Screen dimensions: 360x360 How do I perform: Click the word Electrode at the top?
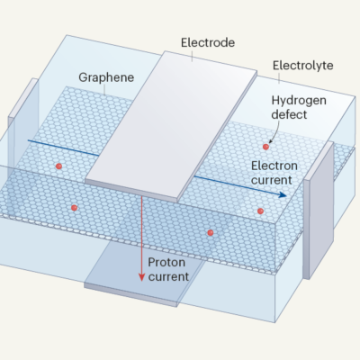(x=208, y=42)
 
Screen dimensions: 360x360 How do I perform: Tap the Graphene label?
(x=106, y=77)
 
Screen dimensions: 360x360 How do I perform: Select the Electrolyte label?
(x=302, y=66)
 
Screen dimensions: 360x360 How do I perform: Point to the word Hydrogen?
(x=299, y=101)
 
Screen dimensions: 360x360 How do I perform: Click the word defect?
(x=289, y=114)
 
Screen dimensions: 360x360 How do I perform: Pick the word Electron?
(x=274, y=166)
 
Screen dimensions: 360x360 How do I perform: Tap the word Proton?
(x=166, y=263)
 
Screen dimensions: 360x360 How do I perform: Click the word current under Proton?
(x=168, y=276)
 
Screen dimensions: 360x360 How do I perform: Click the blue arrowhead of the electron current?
(x=283, y=195)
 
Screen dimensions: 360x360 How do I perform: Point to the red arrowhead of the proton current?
(x=142, y=277)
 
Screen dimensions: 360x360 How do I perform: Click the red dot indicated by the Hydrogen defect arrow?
(x=265, y=147)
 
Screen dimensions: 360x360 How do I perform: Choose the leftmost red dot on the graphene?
(x=58, y=166)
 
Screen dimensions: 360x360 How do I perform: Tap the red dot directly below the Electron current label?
(x=260, y=211)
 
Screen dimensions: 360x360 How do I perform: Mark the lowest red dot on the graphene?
(x=211, y=232)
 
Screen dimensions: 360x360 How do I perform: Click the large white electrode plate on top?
(x=171, y=126)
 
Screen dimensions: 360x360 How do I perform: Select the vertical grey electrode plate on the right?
(x=319, y=210)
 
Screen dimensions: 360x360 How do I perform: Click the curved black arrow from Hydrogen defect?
(x=275, y=132)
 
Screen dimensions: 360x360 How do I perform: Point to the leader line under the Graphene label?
(x=104, y=89)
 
